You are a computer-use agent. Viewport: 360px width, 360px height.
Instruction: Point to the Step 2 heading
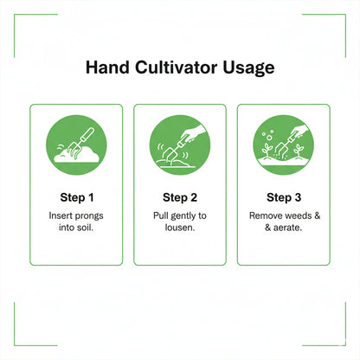180,196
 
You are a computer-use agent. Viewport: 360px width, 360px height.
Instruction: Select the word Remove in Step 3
266,214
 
